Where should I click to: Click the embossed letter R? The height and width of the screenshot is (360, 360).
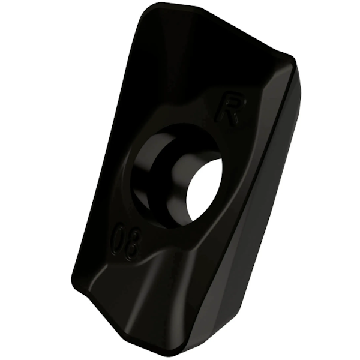coord(230,108)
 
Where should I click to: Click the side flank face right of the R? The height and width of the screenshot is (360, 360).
coord(282,138)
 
